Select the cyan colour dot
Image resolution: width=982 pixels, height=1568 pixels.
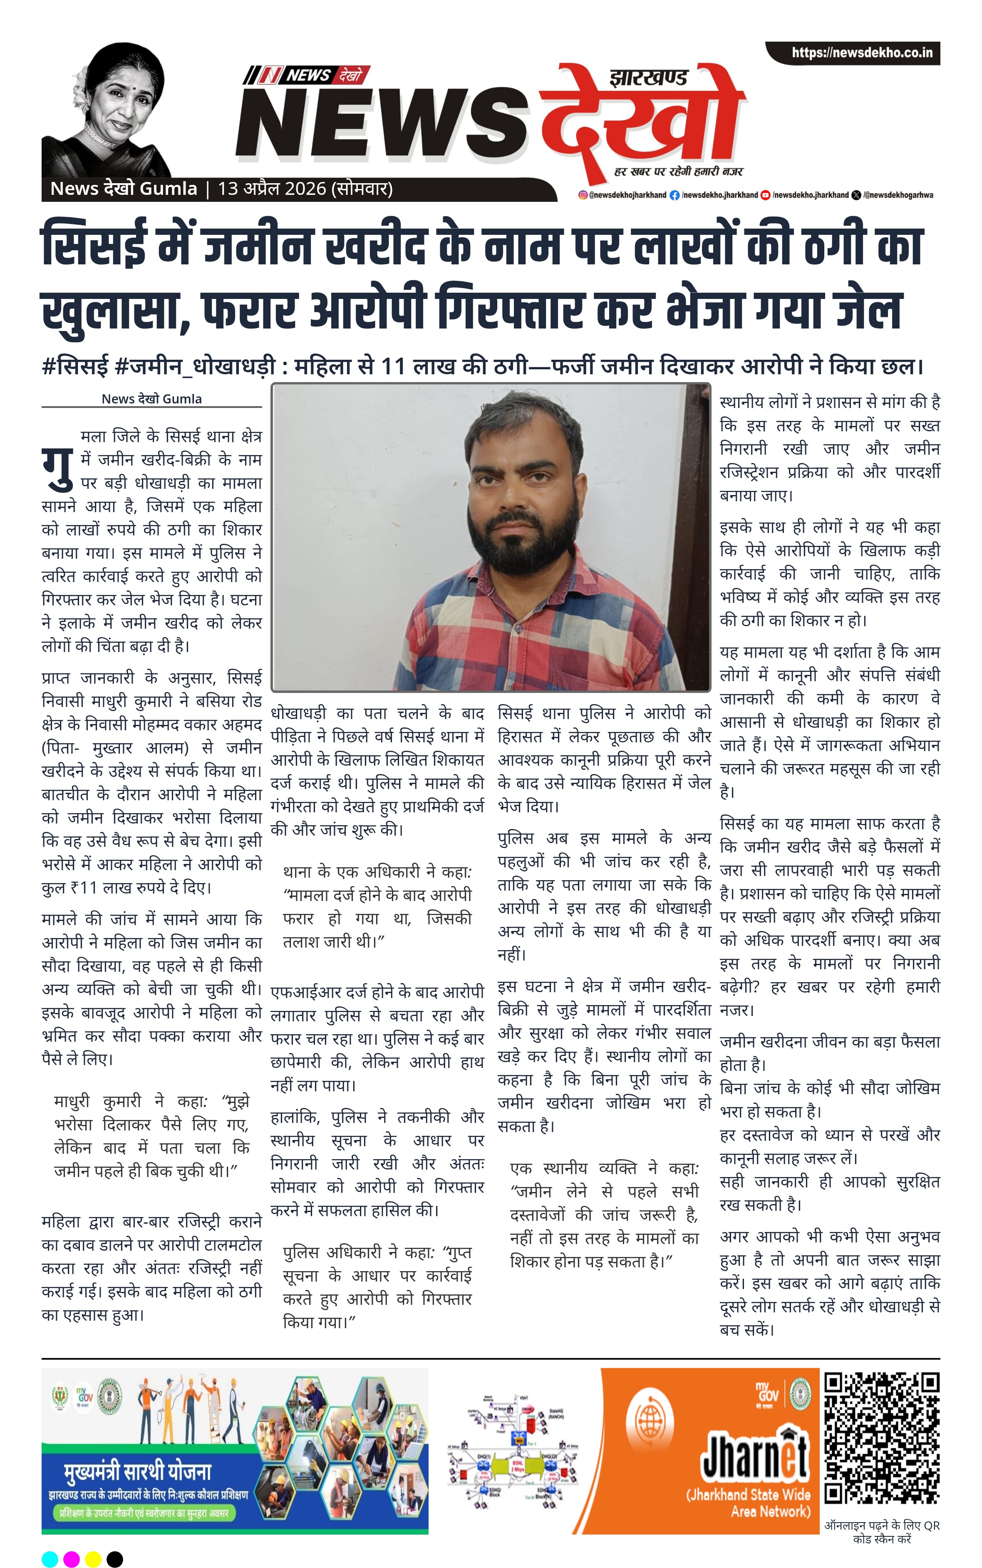point(50,1559)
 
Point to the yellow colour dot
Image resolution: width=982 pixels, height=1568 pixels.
point(93,1559)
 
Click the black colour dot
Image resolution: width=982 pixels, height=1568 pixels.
point(115,1559)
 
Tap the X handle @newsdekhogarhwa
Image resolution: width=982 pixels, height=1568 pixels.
point(898,195)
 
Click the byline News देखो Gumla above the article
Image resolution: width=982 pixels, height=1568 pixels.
point(151,399)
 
